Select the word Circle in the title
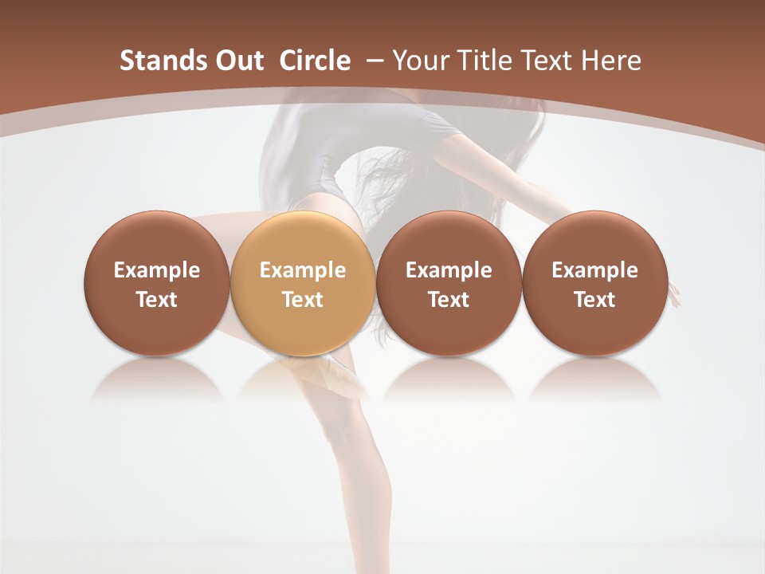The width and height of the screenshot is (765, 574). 315,61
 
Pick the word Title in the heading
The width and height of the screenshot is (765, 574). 482,61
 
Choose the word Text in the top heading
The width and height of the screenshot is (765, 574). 546,61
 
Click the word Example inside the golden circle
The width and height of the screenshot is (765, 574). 303,270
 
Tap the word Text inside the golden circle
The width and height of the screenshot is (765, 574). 303,300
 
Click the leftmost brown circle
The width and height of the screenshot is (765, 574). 156,283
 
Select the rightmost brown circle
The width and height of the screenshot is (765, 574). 594,283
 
